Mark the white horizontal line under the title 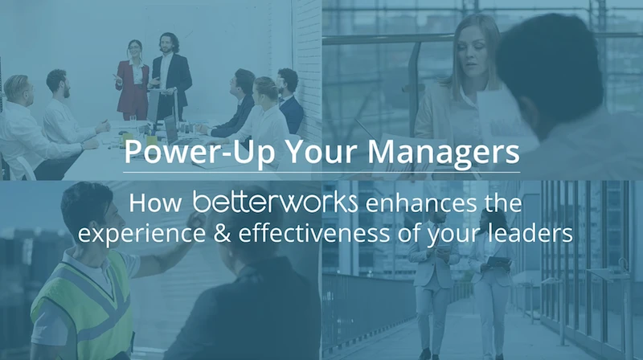click(x=321, y=172)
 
